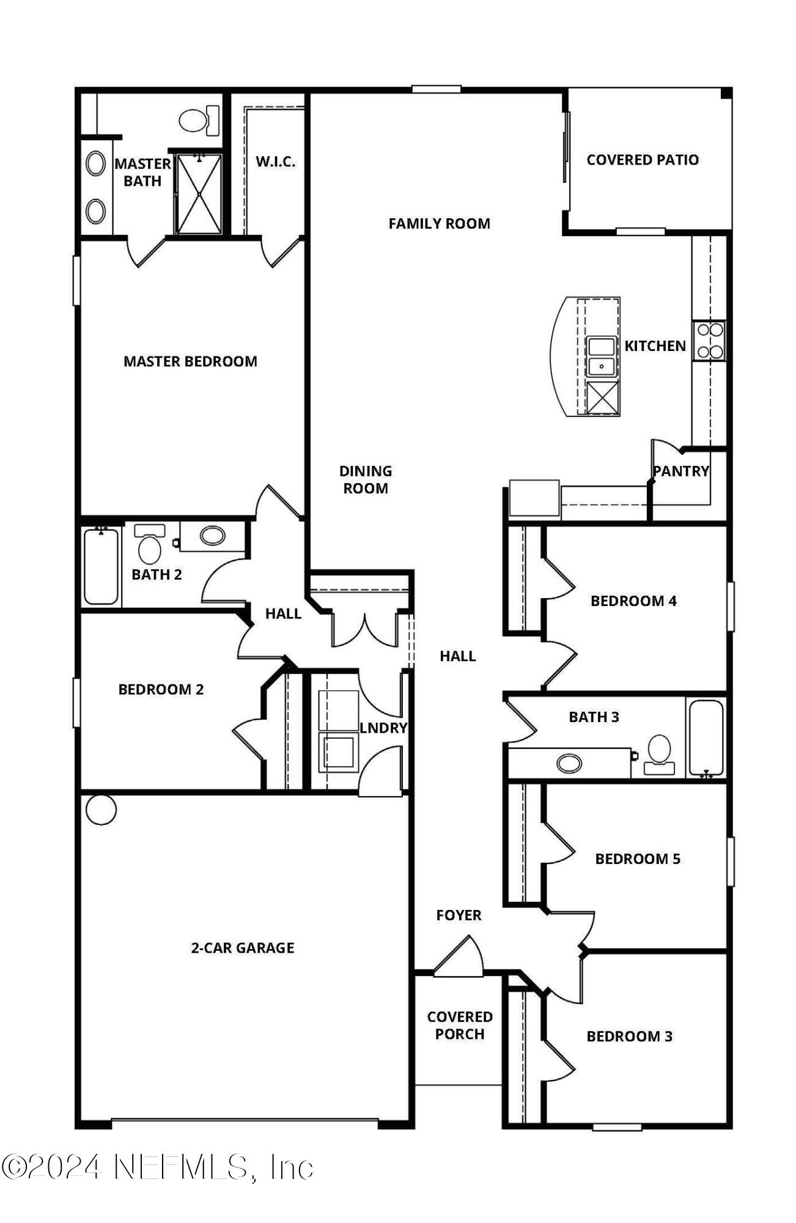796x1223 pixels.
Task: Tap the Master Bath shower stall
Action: (x=199, y=194)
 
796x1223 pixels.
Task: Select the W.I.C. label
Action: (x=275, y=161)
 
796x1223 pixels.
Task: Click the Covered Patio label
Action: (x=643, y=160)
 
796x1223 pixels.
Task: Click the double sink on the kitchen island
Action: (x=602, y=357)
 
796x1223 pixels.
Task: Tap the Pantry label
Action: (x=681, y=471)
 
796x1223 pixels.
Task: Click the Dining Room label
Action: (x=366, y=479)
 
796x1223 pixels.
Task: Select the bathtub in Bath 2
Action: (x=101, y=566)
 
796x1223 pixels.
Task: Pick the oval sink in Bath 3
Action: (x=569, y=763)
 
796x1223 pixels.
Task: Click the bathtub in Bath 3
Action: (x=706, y=737)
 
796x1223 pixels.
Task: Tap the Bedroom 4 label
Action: (x=633, y=600)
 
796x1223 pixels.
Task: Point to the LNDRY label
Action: (x=383, y=728)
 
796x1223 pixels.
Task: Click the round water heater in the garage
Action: (x=101, y=810)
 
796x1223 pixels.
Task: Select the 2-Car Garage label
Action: (x=243, y=948)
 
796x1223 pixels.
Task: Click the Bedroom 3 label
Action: (x=629, y=1036)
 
